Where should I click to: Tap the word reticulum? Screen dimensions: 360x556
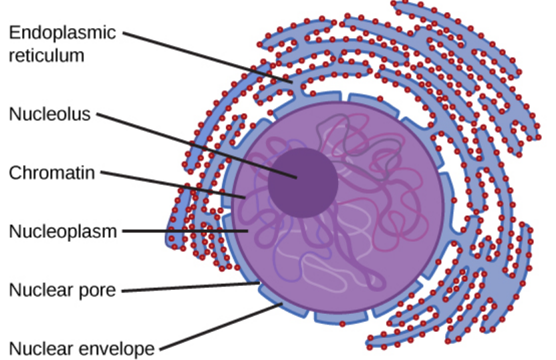click(x=47, y=55)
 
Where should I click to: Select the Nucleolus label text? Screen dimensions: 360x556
click(x=49, y=114)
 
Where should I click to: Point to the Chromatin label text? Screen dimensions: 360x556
click(x=52, y=173)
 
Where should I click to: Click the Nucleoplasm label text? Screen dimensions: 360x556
click(x=63, y=232)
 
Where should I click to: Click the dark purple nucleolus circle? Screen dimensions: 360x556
click(x=303, y=182)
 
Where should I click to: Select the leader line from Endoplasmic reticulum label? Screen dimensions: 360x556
click(x=207, y=57)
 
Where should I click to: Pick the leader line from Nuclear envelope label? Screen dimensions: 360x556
click(x=221, y=327)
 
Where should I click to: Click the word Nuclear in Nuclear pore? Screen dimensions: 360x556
click(x=39, y=291)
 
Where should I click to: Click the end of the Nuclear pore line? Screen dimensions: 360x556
click(x=259, y=284)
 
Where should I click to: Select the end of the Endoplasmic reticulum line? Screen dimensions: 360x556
click(x=291, y=80)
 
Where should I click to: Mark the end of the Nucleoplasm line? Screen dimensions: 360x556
click(x=249, y=231)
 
